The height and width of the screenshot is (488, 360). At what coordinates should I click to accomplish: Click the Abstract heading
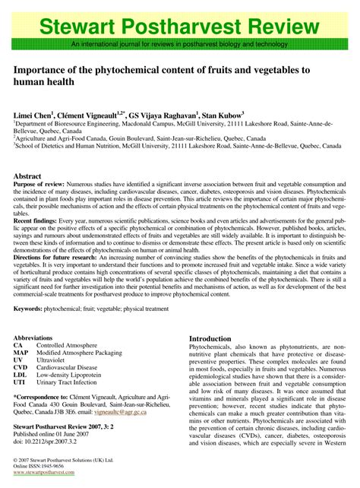[28, 176]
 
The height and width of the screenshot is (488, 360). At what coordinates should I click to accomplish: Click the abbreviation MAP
[21, 353]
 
